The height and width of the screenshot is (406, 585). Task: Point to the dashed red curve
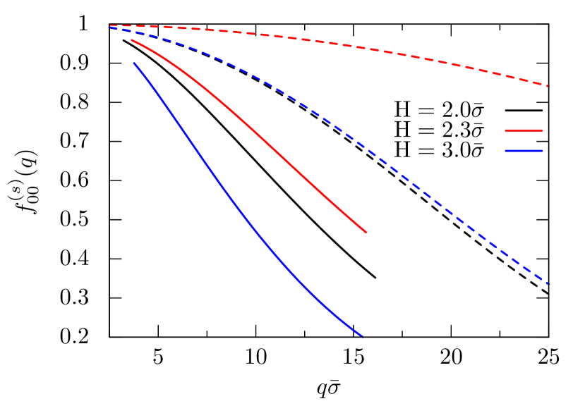(x=353, y=47)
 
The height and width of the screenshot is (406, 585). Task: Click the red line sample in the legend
(x=524, y=130)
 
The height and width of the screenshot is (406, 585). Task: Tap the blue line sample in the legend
(x=524, y=151)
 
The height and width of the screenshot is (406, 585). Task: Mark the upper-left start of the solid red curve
(x=132, y=40)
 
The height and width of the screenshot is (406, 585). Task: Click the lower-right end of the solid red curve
(x=366, y=232)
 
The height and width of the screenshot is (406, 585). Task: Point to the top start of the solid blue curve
(x=134, y=63)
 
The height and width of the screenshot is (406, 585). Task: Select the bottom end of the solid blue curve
(x=362, y=336)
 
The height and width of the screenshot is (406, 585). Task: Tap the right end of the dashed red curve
(x=548, y=86)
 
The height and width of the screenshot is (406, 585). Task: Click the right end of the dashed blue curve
(x=548, y=283)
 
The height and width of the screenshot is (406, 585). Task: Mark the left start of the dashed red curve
(x=109, y=25)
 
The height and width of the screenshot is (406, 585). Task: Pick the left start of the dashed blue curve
(x=109, y=27)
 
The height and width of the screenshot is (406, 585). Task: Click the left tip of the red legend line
(x=506, y=130)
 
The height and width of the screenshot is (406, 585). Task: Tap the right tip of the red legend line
(x=542, y=130)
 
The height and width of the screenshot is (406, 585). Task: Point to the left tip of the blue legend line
(x=506, y=151)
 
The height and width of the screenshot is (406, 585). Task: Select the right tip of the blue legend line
(x=542, y=151)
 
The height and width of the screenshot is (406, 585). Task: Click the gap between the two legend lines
(x=524, y=141)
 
